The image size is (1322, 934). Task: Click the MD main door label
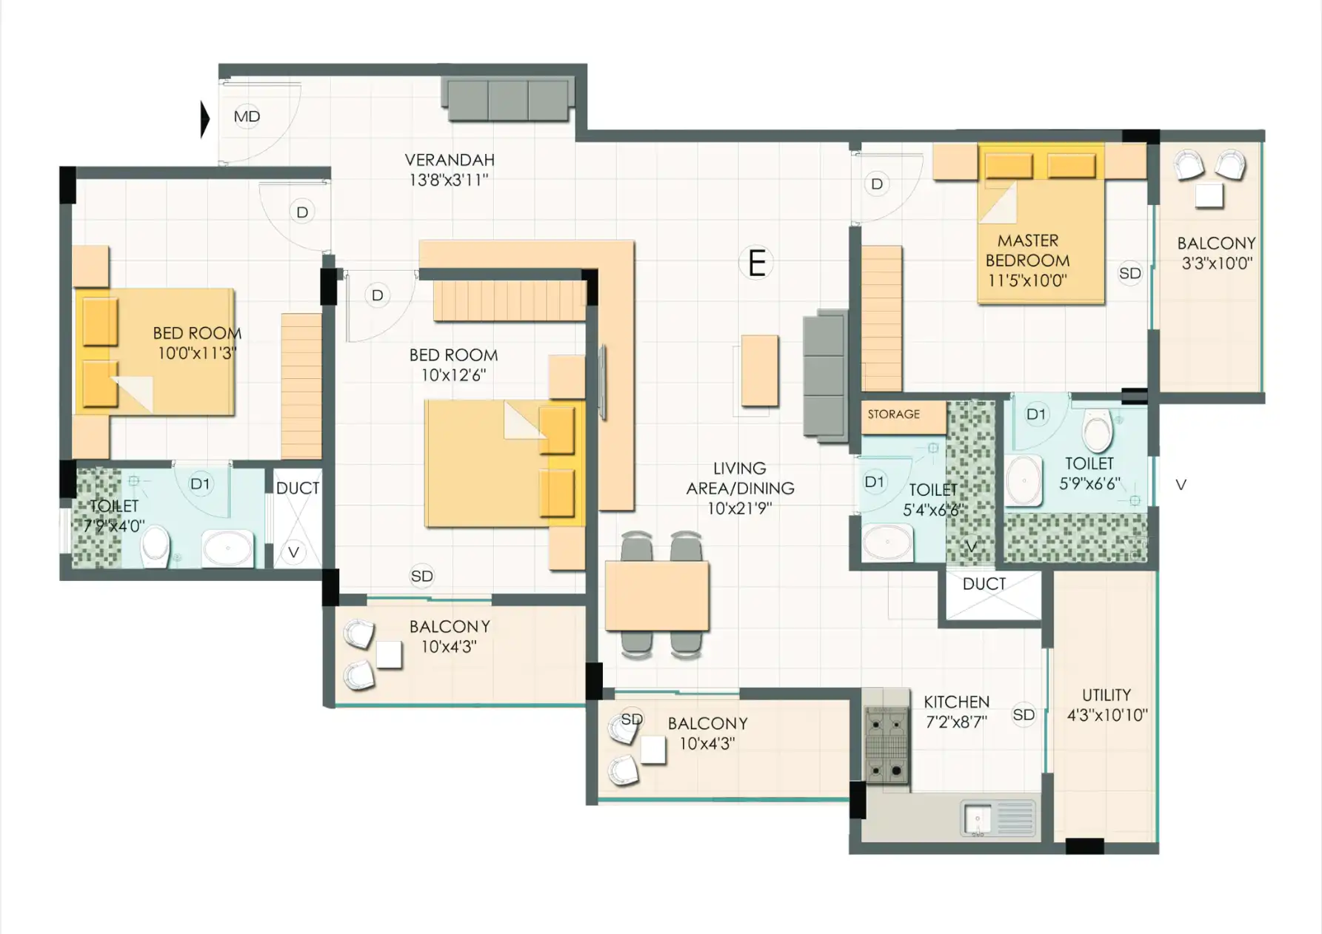coord(247,116)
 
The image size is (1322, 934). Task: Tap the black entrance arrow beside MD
coord(206,119)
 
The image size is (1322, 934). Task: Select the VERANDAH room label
coord(450,160)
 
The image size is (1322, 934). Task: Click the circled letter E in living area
coord(756,263)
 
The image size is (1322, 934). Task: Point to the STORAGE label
coord(894,414)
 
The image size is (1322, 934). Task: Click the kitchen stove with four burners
coord(887,744)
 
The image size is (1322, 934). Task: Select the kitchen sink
coord(998,819)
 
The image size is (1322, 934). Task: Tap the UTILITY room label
coord(1106,695)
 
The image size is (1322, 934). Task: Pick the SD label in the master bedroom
coord(1130,273)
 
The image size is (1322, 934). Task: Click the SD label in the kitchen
coord(1024,714)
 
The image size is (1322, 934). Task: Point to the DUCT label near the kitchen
coord(984,584)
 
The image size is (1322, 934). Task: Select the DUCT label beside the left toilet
coord(298,488)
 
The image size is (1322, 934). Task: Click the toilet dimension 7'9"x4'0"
coord(113,526)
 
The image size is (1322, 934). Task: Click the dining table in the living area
coord(657,596)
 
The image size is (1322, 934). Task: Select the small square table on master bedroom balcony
coord(1209,196)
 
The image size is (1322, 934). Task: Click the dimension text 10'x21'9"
coord(739,508)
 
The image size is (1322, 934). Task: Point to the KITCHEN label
coord(956,702)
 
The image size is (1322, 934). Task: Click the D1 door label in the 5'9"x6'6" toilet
coord(1035,414)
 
